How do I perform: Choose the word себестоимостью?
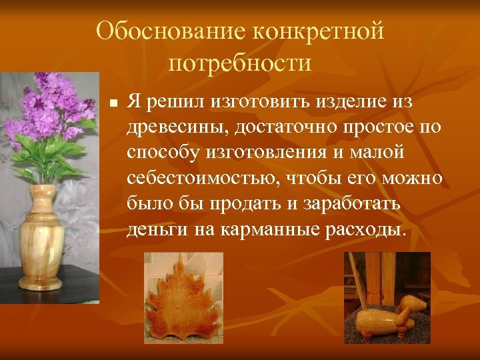pos(197,179)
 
